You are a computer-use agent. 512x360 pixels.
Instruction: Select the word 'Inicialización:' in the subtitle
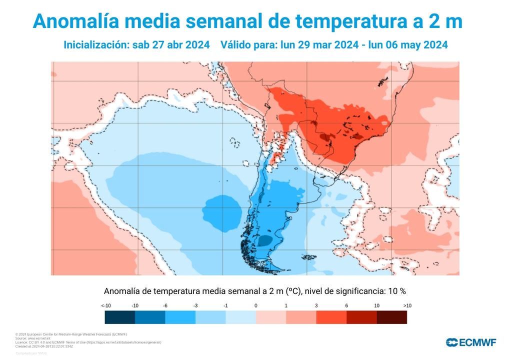click(96, 45)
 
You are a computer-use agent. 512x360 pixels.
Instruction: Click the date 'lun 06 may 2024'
click(407, 45)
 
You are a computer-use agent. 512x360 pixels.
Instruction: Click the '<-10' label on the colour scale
click(105, 305)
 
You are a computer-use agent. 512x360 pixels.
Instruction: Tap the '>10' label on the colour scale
click(407, 305)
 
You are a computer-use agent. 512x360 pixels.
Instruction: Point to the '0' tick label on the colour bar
click(256, 305)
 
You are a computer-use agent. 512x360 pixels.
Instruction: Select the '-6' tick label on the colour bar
click(165, 305)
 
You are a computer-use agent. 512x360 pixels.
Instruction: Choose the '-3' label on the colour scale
click(195, 305)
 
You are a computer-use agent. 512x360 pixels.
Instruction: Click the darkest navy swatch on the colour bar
click(120, 317)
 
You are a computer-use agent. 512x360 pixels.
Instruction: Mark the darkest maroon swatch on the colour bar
click(391, 317)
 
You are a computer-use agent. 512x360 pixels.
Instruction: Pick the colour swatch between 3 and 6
click(331, 317)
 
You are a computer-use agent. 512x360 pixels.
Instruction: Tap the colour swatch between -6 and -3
click(180, 317)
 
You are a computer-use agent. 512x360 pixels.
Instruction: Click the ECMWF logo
click(471, 342)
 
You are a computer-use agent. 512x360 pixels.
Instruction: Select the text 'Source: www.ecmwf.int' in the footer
click(32, 338)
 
